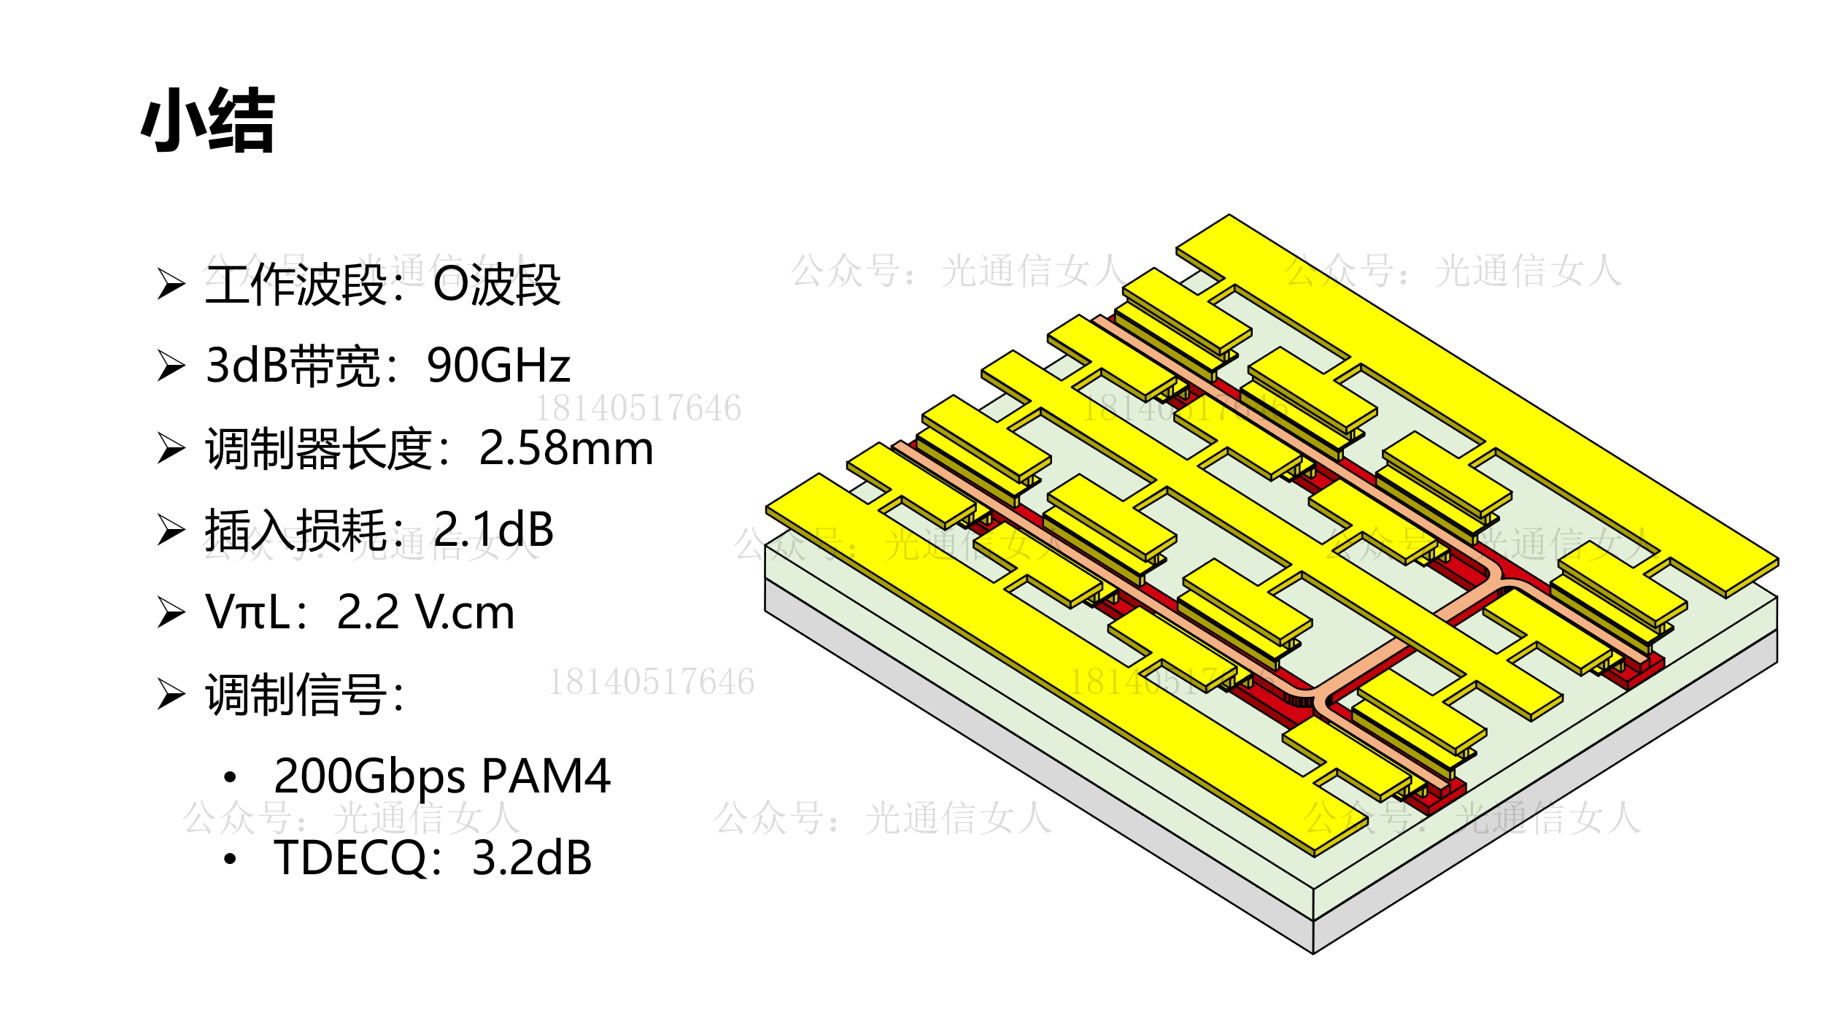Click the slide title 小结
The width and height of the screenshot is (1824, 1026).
208,120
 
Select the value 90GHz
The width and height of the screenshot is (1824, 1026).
498,366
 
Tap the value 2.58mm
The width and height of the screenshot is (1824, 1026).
565,448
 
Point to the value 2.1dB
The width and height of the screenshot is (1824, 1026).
494,530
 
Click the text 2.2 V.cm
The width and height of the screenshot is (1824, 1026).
425,612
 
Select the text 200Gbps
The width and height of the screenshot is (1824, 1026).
369,776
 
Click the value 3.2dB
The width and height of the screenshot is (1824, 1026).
532,858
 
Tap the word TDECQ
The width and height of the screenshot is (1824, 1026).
349,858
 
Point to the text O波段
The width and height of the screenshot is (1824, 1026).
497,285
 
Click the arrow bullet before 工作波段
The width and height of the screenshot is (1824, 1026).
171,284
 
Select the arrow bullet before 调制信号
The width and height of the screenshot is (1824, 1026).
171,694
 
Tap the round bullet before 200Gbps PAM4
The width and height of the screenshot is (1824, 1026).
231,777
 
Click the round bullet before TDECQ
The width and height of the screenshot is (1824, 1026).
231,859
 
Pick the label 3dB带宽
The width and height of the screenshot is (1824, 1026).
292,366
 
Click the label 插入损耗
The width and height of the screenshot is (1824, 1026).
295,530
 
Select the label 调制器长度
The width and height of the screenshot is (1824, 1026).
318,448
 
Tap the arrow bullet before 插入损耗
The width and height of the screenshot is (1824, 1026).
171,530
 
